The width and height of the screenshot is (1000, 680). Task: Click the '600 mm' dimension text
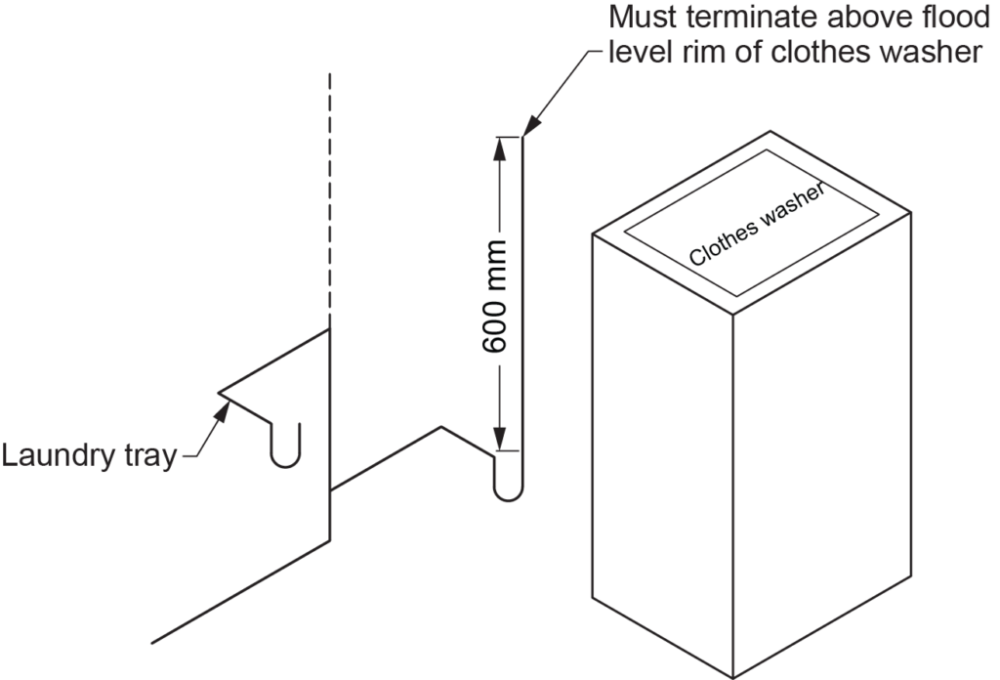(495, 296)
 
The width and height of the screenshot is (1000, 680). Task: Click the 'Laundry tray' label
(88, 455)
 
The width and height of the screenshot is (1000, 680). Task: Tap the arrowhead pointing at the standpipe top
(530, 126)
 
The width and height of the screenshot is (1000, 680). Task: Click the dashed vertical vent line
(331, 195)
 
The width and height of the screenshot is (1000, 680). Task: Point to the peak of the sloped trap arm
(441, 427)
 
